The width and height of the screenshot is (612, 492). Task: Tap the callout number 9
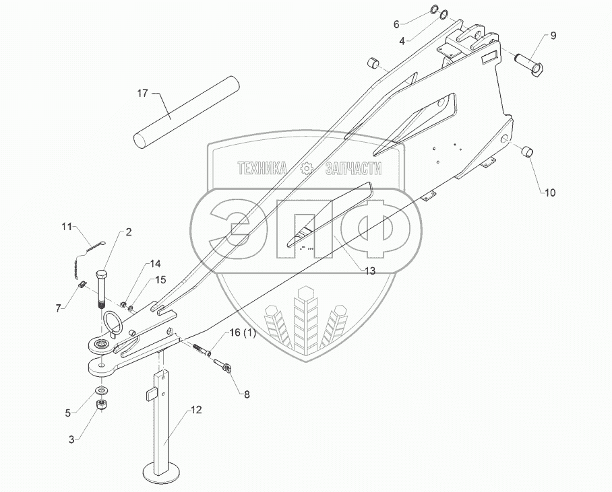pyautogui.click(x=553, y=36)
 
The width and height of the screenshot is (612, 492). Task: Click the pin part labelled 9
pyautogui.click(x=532, y=64)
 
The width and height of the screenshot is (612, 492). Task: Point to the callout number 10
pyautogui.click(x=551, y=193)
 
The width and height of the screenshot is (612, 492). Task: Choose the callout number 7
pyautogui.click(x=60, y=308)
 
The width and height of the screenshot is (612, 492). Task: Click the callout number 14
pyautogui.click(x=156, y=263)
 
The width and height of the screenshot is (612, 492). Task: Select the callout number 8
pyautogui.click(x=247, y=395)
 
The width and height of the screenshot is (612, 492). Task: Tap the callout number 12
pyautogui.click(x=197, y=409)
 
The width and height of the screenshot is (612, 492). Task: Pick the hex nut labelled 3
pyautogui.click(x=102, y=405)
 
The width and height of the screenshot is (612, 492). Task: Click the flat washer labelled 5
pyautogui.click(x=100, y=390)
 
